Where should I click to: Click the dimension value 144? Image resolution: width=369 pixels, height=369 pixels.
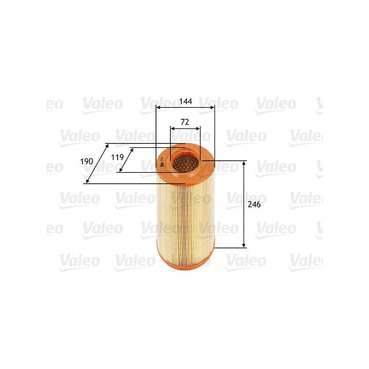186,101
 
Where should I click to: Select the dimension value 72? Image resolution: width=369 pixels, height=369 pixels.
185,122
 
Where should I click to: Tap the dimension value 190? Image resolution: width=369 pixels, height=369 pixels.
87,161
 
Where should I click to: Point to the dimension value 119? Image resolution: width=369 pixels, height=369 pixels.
118,157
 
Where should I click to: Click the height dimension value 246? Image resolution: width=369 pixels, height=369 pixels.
254,204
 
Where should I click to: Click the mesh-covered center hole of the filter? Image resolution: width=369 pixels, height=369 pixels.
185,162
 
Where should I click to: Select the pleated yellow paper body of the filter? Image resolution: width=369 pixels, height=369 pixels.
185,212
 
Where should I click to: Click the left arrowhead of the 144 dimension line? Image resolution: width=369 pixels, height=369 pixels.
158,107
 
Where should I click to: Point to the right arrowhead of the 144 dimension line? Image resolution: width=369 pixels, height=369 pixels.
213,107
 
